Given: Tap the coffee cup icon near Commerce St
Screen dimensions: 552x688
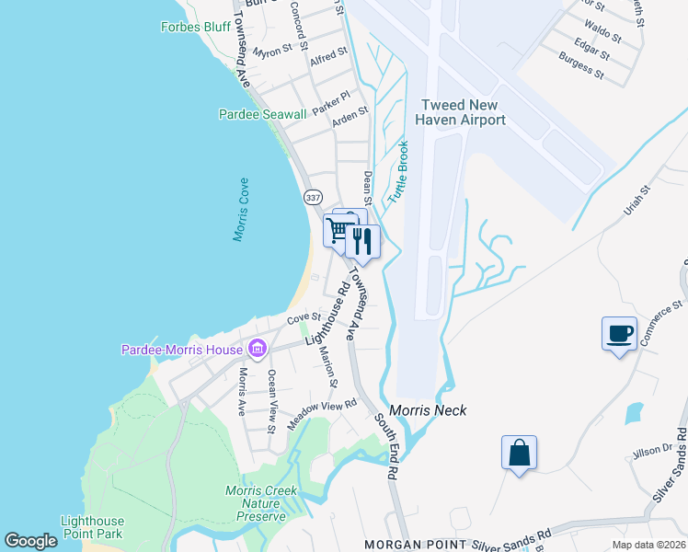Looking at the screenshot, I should click(619, 333).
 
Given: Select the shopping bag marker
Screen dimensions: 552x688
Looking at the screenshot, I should click(520, 453).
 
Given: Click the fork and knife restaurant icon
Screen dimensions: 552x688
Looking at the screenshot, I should click(362, 242).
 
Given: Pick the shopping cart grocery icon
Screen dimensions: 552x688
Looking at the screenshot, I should click(338, 230).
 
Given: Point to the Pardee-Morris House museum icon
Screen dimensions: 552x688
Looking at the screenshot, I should click(257, 349).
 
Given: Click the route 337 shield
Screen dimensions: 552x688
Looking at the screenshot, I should click(312, 197).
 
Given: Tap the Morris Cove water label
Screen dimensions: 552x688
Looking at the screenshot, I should click(241, 210).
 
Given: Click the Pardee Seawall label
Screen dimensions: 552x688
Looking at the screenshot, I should click(262, 114).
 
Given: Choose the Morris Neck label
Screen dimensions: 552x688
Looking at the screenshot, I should click(429, 410).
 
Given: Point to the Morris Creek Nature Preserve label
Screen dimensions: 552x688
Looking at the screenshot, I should click(262, 503).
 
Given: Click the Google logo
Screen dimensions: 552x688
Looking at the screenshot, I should click(30, 541).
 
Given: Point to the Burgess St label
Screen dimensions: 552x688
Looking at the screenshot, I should click(581, 65).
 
